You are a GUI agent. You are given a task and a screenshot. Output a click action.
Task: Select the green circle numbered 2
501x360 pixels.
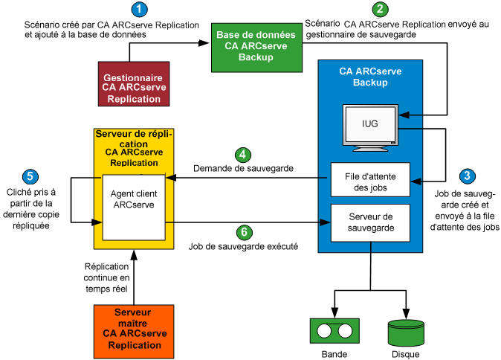point(381,10)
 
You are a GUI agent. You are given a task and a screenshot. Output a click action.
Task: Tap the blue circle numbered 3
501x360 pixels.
point(467,176)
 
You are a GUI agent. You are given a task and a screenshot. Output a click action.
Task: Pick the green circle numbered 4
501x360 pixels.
point(243,155)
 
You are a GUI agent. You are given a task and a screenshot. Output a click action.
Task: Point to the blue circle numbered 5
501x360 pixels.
point(30,176)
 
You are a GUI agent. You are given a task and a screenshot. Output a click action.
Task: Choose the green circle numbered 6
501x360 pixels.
point(243,231)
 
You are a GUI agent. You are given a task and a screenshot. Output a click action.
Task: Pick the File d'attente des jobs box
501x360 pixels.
point(369,181)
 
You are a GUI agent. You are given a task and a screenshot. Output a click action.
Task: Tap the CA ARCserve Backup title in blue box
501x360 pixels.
point(369,77)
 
